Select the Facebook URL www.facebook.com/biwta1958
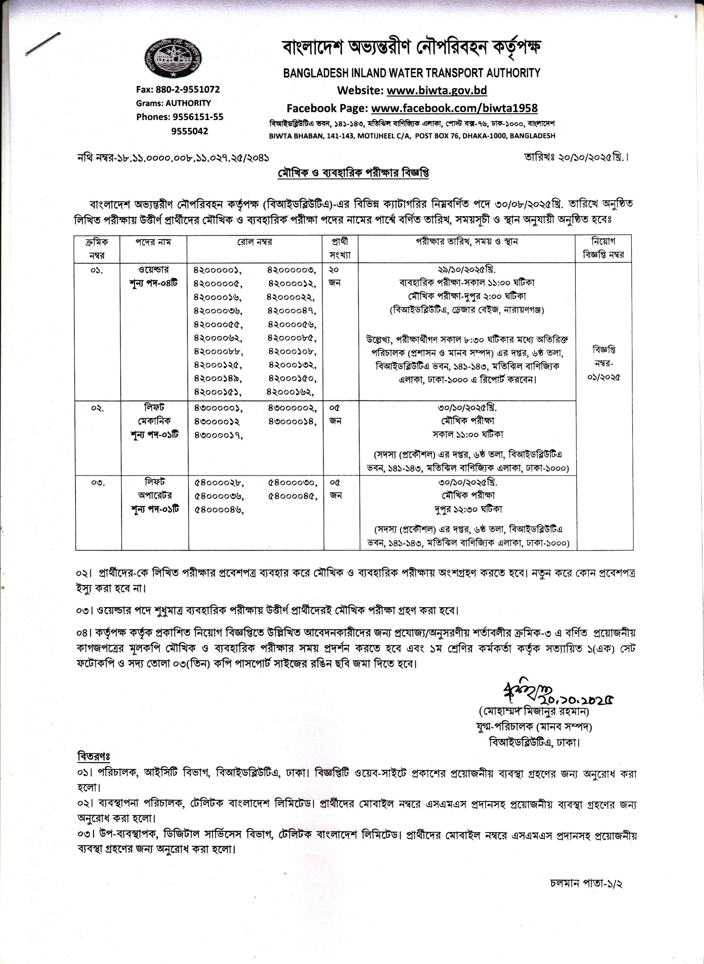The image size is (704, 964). [x=454, y=108]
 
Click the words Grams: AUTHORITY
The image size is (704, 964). [x=173, y=103]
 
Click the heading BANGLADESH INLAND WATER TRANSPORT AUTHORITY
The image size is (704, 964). [x=412, y=73]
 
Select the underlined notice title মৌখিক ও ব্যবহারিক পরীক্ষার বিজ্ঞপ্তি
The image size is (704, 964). [x=353, y=173]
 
